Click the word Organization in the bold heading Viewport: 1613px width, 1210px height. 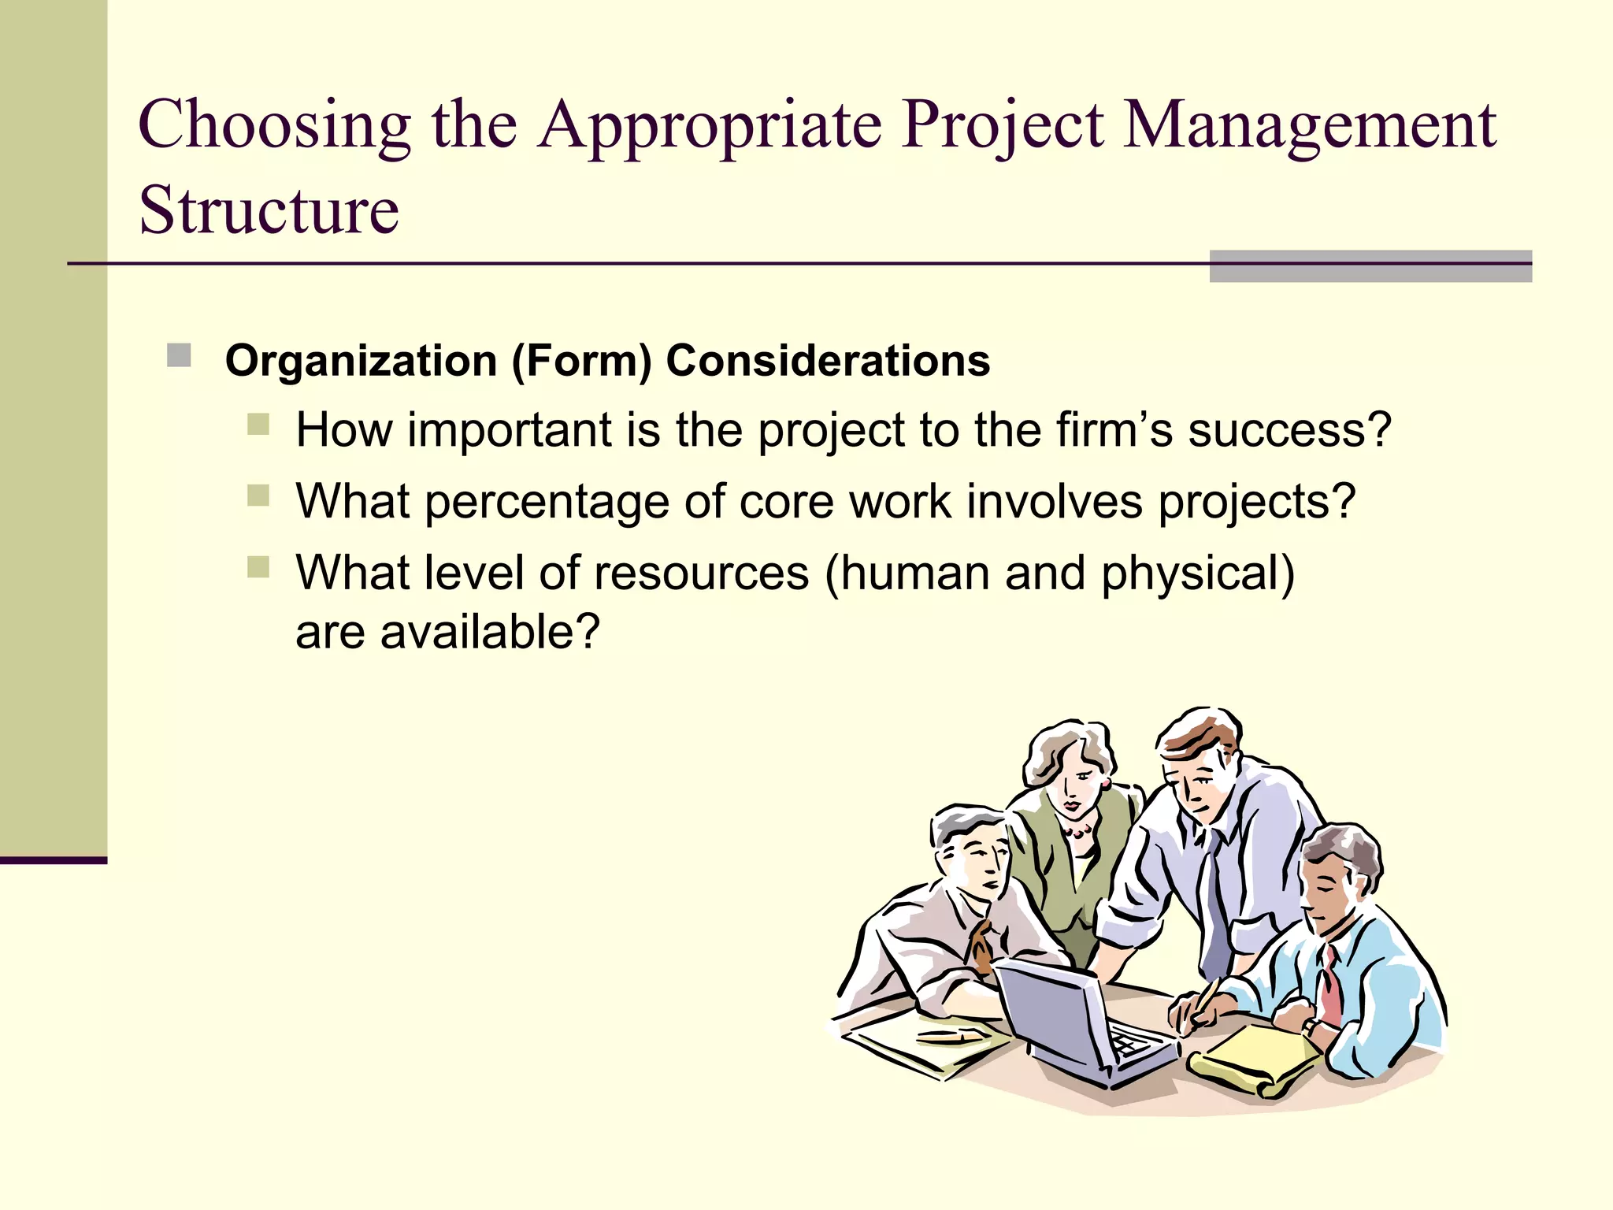click(x=361, y=361)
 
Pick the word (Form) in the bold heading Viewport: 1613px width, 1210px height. click(x=581, y=361)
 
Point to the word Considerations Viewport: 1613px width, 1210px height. click(x=828, y=361)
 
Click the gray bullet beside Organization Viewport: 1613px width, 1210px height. click(x=179, y=355)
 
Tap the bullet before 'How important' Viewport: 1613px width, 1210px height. click(x=258, y=425)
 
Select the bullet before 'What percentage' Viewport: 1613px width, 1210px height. click(x=258, y=496)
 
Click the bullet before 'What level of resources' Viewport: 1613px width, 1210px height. click(x=258, y=566)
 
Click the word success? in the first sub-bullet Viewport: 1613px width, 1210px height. click(x=1289, y=430)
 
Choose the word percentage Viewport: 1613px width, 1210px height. click(x=547, y=502)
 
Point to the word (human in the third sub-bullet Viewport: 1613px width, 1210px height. click(x=907, y=573)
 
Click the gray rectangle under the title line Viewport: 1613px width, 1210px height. click(x=1370, y=266)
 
